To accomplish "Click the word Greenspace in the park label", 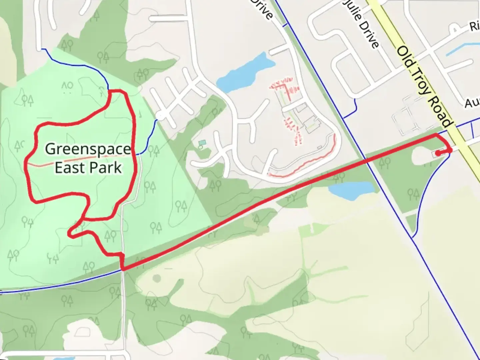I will point(88,149).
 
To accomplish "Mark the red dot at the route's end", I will point(437,154).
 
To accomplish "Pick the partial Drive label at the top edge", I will point(263,8).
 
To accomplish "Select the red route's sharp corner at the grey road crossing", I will point(123,269).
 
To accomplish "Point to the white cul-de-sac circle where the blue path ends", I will point(160,116).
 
